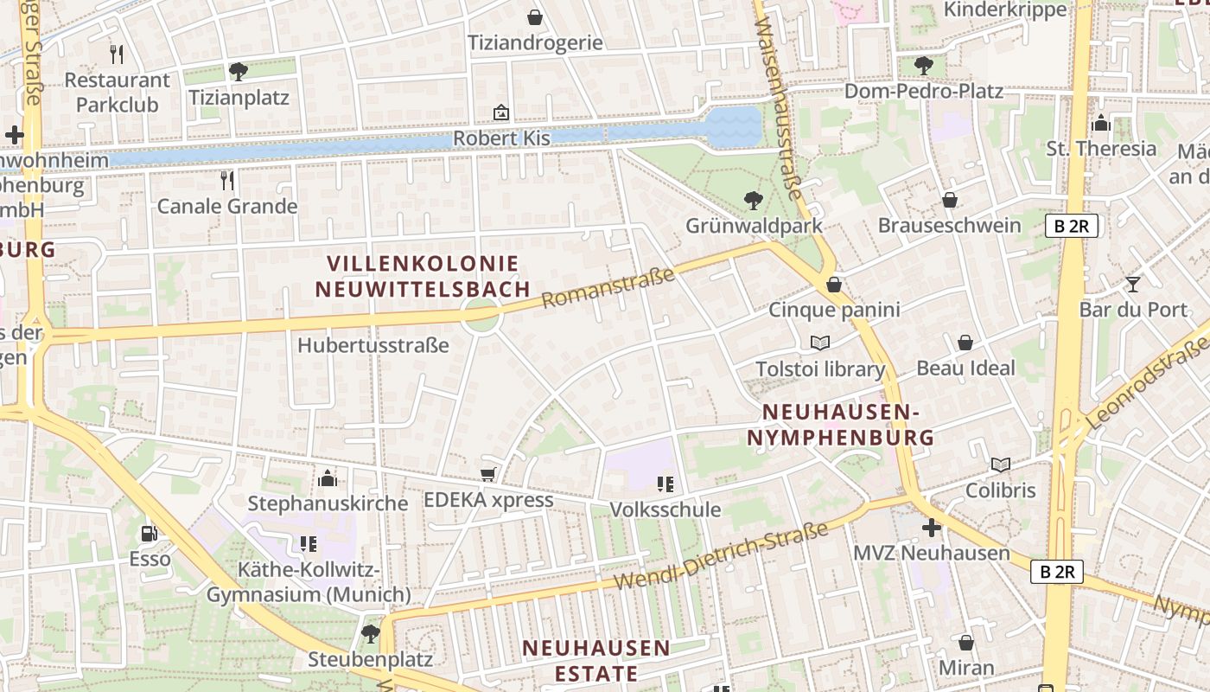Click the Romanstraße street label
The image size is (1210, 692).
click(608, 288)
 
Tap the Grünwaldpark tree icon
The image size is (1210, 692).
click(754, 201)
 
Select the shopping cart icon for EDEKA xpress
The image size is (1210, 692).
click(487, 474)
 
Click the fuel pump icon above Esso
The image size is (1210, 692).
click(150, 534)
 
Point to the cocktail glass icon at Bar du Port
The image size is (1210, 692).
click(1133, 284)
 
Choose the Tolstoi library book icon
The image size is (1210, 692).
click(820, 343)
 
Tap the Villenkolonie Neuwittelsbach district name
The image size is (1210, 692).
click(423, 276)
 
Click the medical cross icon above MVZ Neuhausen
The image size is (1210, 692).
click(931, 527)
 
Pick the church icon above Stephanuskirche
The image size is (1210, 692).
click(328, 477)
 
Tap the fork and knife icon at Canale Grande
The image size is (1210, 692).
click(226, 180)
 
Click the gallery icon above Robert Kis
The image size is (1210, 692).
click(501, 112)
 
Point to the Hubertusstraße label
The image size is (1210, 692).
click(373, 345)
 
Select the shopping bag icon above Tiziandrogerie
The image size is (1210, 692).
click(535, 17)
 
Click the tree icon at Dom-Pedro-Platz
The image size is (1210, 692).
click(923, 65)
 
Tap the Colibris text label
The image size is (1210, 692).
click(1000, 490)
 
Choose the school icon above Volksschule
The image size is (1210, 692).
click(665, 484)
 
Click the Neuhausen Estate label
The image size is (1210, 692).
click(595, 660)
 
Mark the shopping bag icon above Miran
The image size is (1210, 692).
click(966, 643)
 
